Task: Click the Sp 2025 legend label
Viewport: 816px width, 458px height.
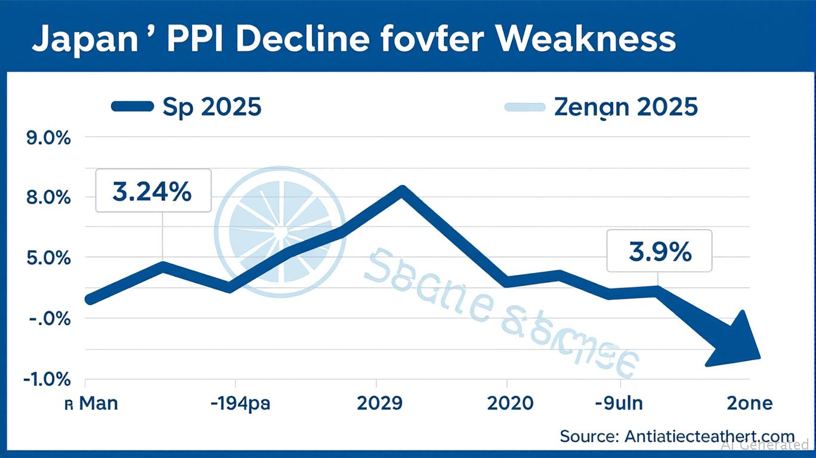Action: (212, 107)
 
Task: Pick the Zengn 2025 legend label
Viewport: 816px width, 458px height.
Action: (626, 107)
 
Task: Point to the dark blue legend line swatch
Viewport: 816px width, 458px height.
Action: (132, 107)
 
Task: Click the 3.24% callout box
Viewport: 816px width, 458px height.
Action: (153, 191)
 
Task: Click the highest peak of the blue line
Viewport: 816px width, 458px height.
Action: (402, 191)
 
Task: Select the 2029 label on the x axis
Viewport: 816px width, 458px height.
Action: (379, 404)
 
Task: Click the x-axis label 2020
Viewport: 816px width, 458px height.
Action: (510, 404)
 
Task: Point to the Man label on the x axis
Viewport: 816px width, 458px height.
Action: (98, 404)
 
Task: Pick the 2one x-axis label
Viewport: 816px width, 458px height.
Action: (750, 404)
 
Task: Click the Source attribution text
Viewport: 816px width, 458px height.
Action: (677, 436)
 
